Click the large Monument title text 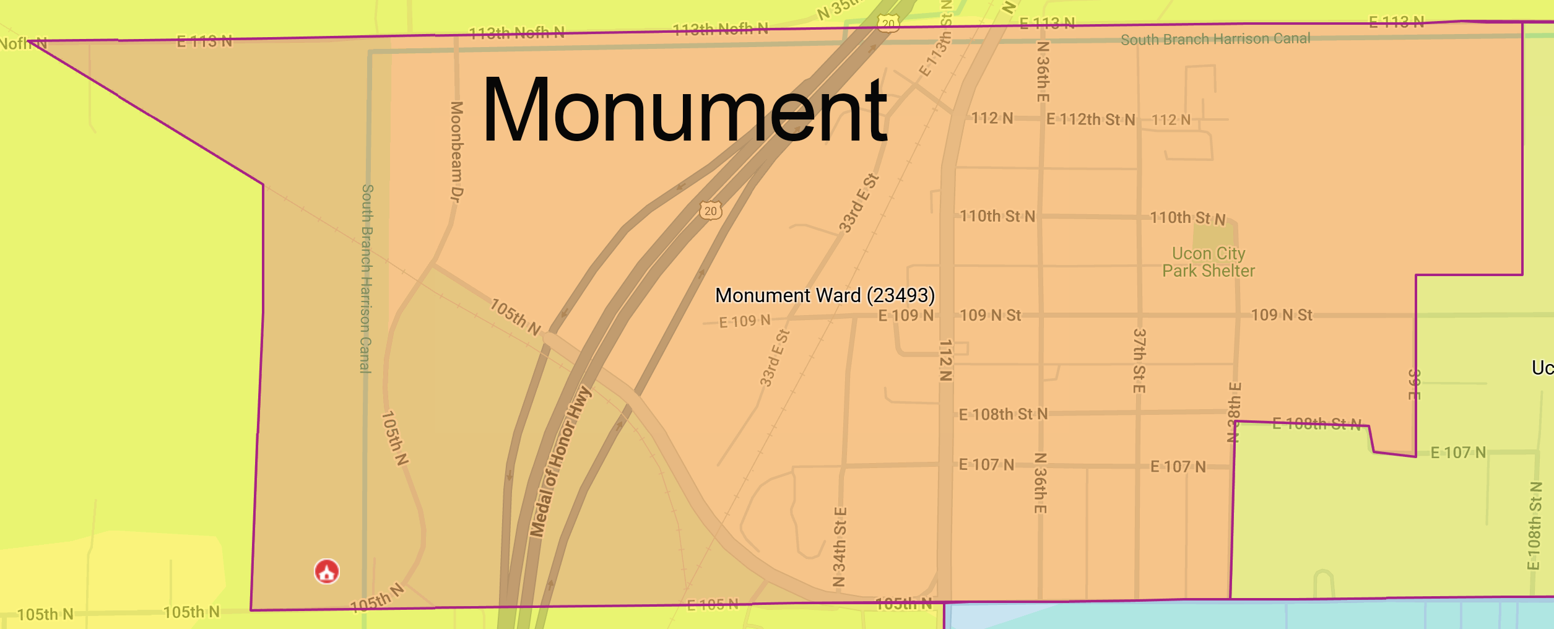(684, 110)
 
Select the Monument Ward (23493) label (825, 295)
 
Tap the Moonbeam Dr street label (456, 152)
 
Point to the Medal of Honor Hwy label (560, 462)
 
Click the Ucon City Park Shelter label (1208, 262)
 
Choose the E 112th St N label (1090, 119)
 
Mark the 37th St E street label (1139, 361)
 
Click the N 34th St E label (840, 547)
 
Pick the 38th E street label (1234, 412)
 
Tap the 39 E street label (1414, 384)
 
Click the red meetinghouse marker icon (327, 571)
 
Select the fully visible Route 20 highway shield (710, 210)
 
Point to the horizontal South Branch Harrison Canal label (1215, 39)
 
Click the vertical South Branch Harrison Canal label (367, 279)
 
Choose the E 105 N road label (713, 604)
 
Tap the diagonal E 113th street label (935, 54)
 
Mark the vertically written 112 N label (945, 360)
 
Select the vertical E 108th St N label (1534, 526)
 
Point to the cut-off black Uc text (1542, 368)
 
